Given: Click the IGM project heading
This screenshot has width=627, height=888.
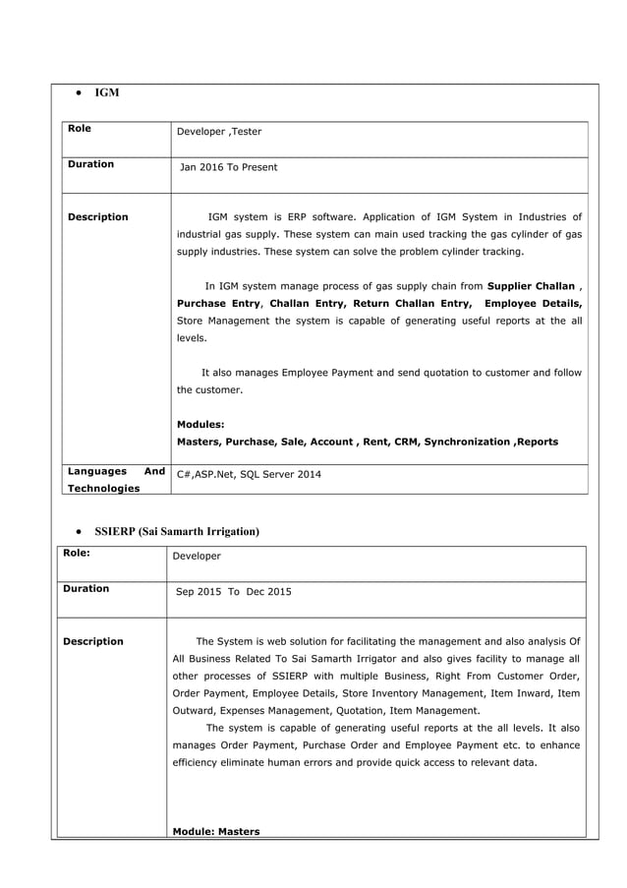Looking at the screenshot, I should click(x=106, y=92).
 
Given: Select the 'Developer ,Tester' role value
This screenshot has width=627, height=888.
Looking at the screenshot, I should click(x=218, y=132).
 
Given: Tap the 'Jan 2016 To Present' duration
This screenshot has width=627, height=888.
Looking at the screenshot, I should click(x=228, y=167).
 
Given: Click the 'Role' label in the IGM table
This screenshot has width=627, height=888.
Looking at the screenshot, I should click(x=80, y=129).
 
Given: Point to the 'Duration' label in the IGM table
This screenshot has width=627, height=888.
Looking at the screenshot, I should click(x=90, y=164).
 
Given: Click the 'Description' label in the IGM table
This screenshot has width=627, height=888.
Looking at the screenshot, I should click(x=97, y=217).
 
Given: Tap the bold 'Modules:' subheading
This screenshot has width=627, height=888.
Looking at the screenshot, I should click(x=200, y=425).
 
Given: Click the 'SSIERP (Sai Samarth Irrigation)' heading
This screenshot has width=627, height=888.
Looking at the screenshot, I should click(x=177, y=532).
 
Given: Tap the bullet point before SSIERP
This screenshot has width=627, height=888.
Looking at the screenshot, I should click(x=78, y=532).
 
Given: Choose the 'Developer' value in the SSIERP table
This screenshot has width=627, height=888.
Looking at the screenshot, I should click(x=197, y=557).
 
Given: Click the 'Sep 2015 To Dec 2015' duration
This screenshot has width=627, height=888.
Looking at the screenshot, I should click(x=233, y=593).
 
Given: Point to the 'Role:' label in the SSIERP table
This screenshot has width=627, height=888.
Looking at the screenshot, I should click(x=77, y=554).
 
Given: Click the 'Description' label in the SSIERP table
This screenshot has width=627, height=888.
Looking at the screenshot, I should click(x=93, y=642).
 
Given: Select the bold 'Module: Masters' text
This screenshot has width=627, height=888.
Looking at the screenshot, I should click(x=216, y=832).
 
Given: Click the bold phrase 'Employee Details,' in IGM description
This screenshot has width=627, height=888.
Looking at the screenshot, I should click(x=533, y=304).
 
